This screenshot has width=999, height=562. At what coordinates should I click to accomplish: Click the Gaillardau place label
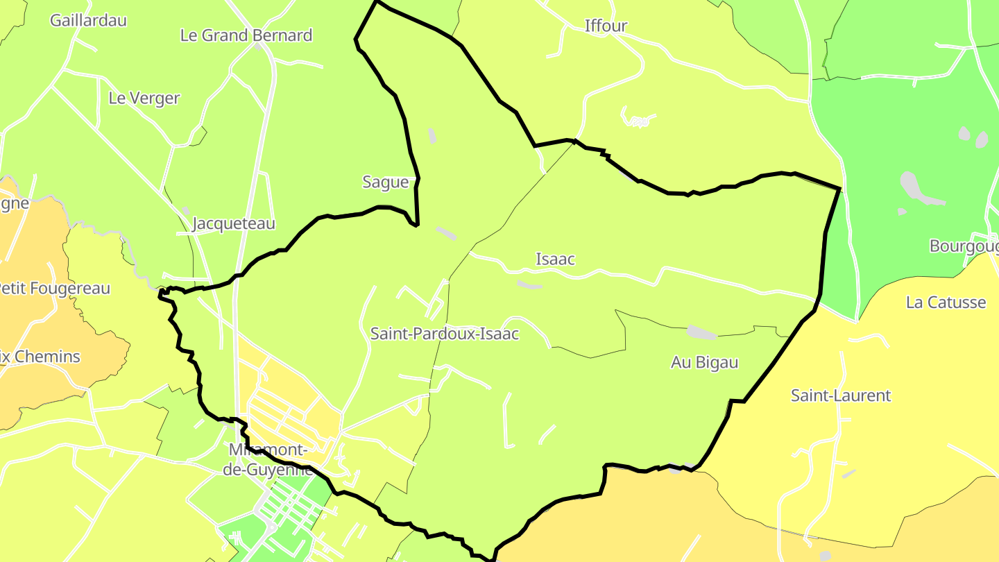click(x=88, y=20)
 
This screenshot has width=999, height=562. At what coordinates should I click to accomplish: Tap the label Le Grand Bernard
click(x=246, y=35)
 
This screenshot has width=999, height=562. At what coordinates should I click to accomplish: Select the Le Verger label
click(x=144, y=99)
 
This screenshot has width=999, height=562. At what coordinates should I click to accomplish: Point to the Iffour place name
click(x=606, y=26)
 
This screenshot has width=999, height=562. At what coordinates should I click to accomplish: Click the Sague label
click(x=386, y=182)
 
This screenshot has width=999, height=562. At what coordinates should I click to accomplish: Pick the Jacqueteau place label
click(x=233, y=223)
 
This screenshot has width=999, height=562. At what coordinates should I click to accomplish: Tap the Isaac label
click(x=555, y=259)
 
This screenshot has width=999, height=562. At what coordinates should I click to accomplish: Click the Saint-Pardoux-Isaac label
click(x=444, y=334)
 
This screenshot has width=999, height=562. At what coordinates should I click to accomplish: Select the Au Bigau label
click(x=704, y=362)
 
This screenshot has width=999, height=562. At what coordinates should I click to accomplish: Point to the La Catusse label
click(x=946, y=303)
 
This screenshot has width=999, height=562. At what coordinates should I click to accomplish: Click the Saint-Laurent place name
click(x=841, y=395)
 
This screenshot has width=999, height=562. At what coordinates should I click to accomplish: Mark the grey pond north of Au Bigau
click(x=701, y=332)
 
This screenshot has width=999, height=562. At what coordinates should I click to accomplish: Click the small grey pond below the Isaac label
click(x=529, y=284)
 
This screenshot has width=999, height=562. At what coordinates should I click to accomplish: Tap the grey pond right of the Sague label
click(x=445, y=234)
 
